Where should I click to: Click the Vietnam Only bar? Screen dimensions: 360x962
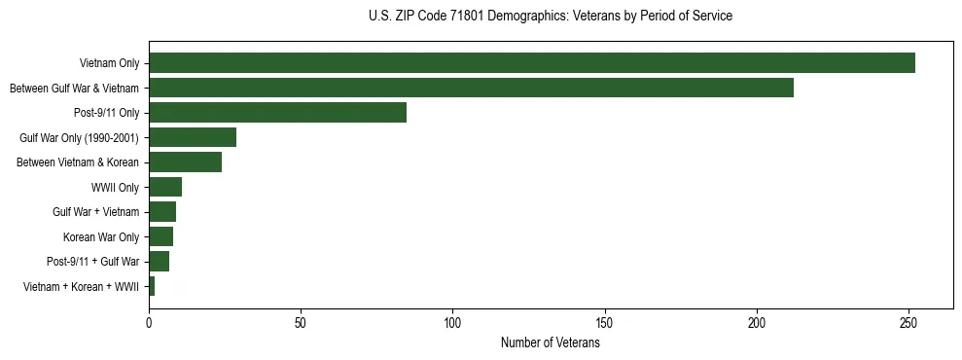point(531,63)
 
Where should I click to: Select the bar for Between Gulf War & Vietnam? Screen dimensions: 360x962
point(471,88)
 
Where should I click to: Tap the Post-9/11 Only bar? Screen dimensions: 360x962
point(277,113)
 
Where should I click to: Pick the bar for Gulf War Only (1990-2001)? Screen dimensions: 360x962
point(193,137)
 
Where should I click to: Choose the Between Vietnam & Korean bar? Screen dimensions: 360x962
point(185,162)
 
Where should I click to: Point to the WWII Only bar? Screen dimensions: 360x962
point(165,187)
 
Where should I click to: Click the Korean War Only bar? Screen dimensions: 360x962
point(160,236)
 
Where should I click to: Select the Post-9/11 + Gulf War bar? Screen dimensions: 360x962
point(159,262)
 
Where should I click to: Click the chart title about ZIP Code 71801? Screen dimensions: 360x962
point(551,17)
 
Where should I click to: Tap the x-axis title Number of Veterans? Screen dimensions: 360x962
point(551,343)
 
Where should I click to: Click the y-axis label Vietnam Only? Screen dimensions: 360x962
point(109,63)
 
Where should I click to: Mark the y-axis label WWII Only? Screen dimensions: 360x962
point(115,187)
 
